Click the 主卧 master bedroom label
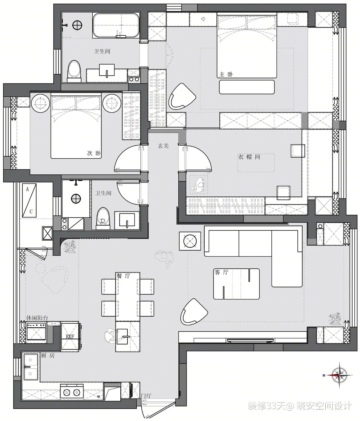226,74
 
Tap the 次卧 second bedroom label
94,153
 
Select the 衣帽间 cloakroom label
249,157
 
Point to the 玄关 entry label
163,146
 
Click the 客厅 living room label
221,272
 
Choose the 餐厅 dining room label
123,276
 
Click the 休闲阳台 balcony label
37,318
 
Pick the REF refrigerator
70,336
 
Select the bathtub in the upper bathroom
116,25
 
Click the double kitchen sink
31,367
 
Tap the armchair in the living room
194,312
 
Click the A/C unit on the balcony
29,200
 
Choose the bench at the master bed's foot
247,87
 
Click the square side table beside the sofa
190,241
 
